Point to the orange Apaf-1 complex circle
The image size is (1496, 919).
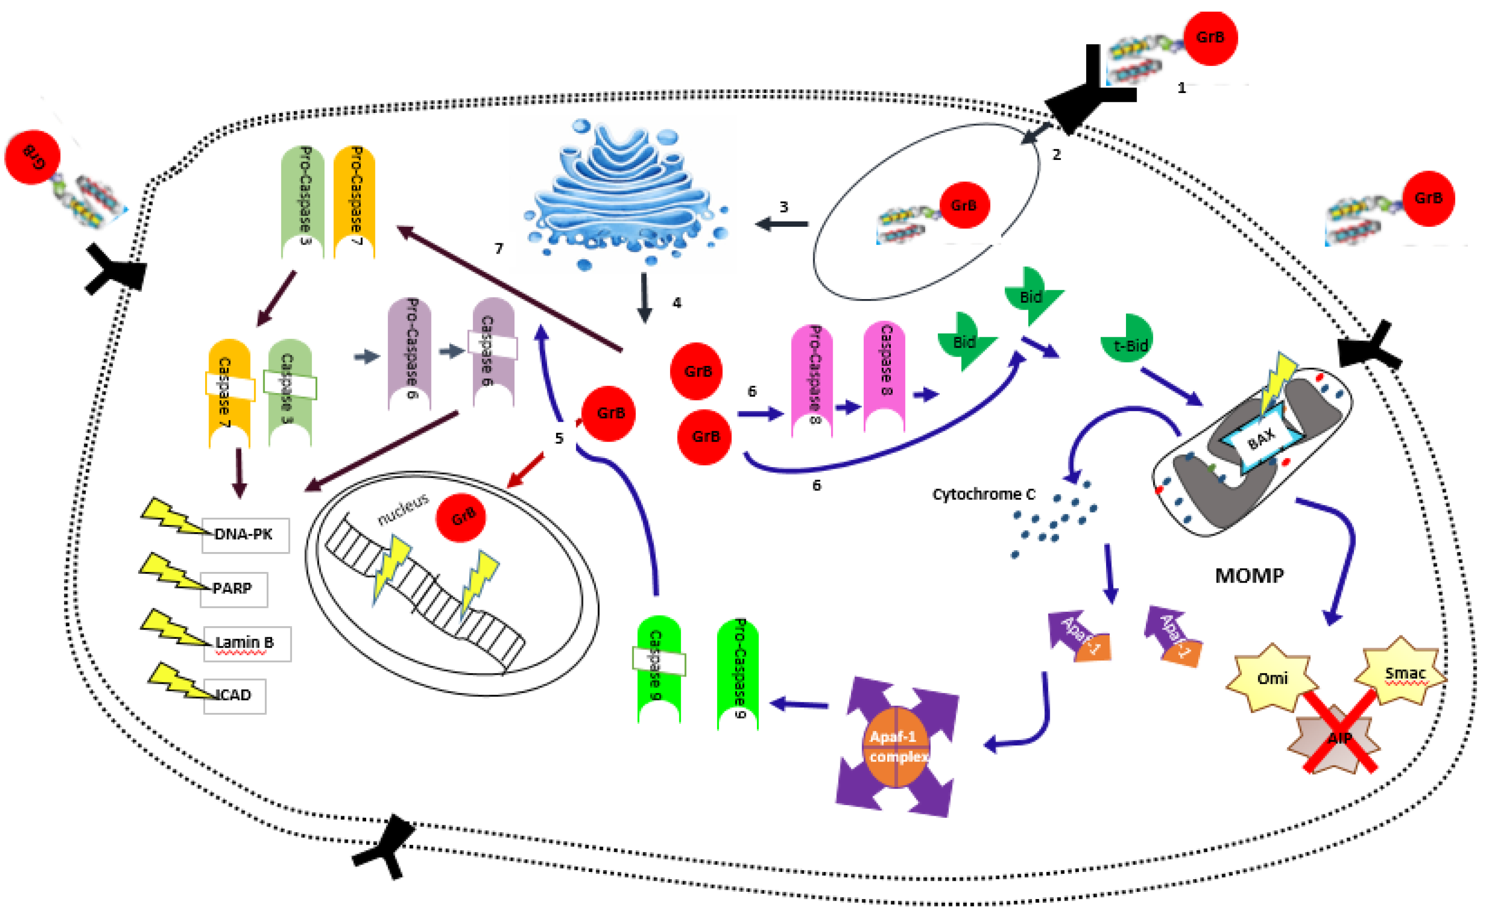(x=896, y=747)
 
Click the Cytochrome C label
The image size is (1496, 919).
(x=983, y=495)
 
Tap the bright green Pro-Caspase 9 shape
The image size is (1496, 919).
(x=739, y=672)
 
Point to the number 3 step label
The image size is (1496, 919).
(x=784, y=207)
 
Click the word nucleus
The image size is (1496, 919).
(x=403, y=509)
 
